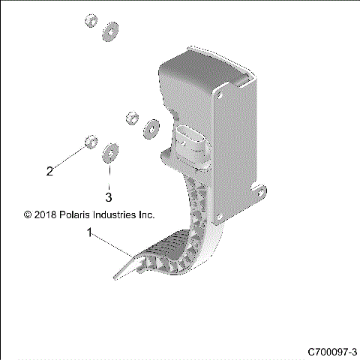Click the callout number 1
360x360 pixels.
[x=91, y=233]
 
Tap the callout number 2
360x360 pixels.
[x=49, y=170]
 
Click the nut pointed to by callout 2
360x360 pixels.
[x=90, y=140]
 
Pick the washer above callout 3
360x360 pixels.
[x=109, y=152]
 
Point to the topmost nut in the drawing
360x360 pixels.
[x=89, y=20]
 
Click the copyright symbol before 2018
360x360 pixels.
[x=28, y=214]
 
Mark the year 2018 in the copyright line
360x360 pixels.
[x=46, y=214]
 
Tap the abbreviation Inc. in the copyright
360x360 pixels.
[x=146, y=214]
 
